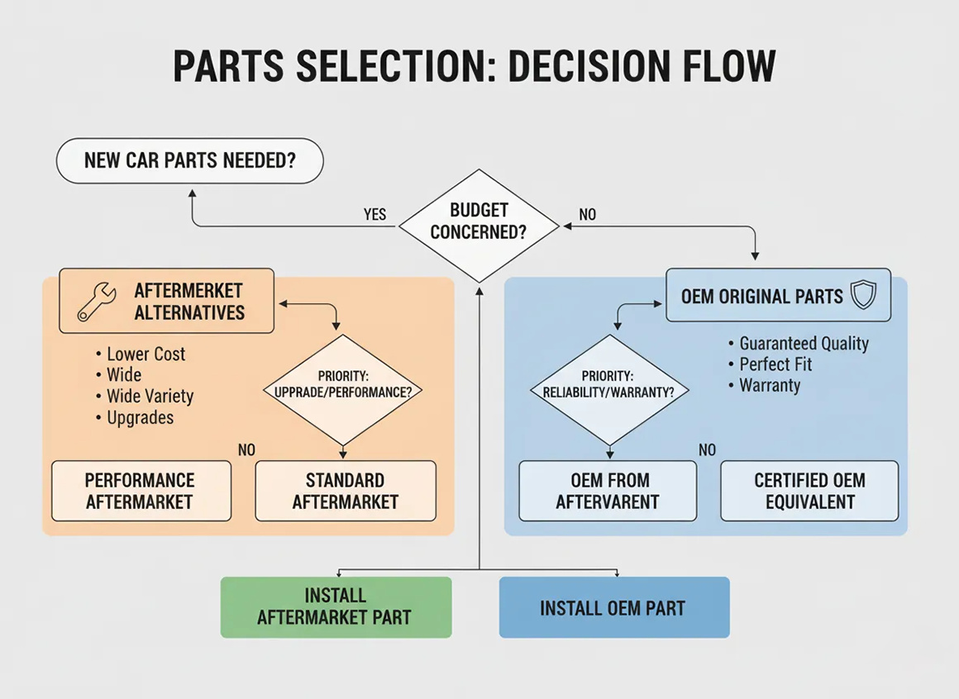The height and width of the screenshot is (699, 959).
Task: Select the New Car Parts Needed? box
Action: pyautogui.click(x=189, y=160)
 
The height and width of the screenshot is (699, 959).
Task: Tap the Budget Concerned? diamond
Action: pyautogui.click(x=479, y=221)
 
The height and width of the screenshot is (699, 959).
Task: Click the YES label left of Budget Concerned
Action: pyautogui.click(x=375, y=215)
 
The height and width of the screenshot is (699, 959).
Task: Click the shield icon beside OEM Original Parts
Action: pyautogui.click(x=862, y=296)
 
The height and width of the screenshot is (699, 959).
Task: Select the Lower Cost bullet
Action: pyautogui.click(x=146, y=354)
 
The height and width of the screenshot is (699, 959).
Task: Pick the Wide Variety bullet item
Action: pyautogui.click(x=150, y=397)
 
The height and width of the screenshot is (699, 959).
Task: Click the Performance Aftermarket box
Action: pyautogui.click(x=141, y=491)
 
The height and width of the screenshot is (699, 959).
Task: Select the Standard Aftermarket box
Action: pyautogui.click(x=346, y=491)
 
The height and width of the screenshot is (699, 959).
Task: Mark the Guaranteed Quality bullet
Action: pyautogui.click(x=804, y=344)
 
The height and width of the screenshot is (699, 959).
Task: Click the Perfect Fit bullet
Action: pyautogui.click(x=775, y=364)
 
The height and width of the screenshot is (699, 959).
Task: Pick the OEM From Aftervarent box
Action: pyautogui.click(x=608, y=491)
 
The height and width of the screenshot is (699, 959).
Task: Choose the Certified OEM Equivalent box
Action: pyautogui.click(x=809, y=491)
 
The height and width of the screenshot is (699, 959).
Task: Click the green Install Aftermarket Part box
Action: pyautogui.click(x=336, y=607)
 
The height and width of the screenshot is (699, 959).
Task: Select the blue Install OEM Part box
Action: pyautogui.click(x=613, y=608)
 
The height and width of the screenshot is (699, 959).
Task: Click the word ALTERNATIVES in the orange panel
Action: pyautogui.click(x=189, y=312)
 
